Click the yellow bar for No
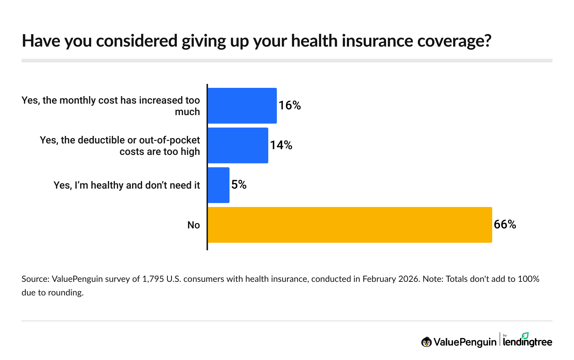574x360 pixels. pyautogui.click(x=350, y=225)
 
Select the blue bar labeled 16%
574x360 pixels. pyautogui.click(x=242, y=106)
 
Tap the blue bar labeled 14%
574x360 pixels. pyautogui.click(x=238, y=146)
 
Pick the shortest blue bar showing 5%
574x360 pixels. pyautogui.click(x=218, y=185)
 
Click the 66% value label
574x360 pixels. pyautogui.click(x=505, y=224)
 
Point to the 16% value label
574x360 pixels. pyautogui.click(x=290, y=105)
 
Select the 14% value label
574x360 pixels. pyautogui.click(x=281, y=145)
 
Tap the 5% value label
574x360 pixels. pyautogui.click(x=239, y=185)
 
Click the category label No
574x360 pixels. pyautogui.click(x=193, y=225)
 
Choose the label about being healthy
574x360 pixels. pyautogui.click(x=127, y=185)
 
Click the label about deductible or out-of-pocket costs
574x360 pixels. pyautogui.click(x=120, y=146)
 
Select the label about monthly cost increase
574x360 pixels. pyautogui.click(x=111, y=106)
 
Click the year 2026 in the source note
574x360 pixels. pyautogui.click(x=409, y=279)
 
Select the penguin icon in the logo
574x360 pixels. pyautogui.click(x=426, y=342)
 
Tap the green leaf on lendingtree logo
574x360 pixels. pyautogui.click(x=525, y=336)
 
